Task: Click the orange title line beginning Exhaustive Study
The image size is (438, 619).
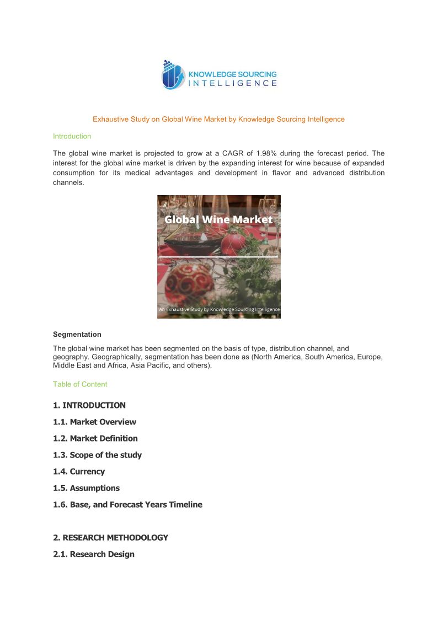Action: (218, 119)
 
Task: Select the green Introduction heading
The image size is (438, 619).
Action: (72, 136)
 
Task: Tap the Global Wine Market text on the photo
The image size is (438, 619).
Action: (218, 219)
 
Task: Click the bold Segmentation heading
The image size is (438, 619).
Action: (77, 334)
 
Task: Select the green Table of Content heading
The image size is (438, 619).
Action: (80, 384)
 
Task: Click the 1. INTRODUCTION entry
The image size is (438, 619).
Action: (89, 405)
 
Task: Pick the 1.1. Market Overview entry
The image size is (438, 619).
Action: (94, 422)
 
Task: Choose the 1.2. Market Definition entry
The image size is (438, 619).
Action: (95, 438)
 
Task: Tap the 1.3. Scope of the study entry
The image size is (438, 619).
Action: (97, 455)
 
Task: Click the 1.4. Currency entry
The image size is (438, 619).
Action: (79, 471)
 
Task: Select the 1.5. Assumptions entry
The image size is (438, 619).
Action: (86, 488)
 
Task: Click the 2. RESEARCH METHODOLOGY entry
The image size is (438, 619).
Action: (110, 537)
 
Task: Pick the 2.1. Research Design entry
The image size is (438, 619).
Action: (94, 554)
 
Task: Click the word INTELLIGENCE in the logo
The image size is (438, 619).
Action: (233, 83)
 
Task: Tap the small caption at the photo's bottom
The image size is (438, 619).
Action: (219, 310)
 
